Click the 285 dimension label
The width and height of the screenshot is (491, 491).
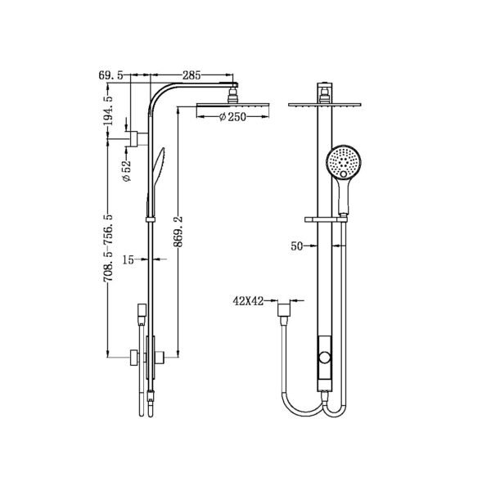tap(192, 75)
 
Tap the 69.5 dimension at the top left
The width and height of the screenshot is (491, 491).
tap(111, 75)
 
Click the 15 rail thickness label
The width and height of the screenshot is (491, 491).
tap(127, 260)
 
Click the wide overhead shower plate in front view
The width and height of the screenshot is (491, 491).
tap(327, 104)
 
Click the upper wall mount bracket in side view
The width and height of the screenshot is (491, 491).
tap(132, 135)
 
